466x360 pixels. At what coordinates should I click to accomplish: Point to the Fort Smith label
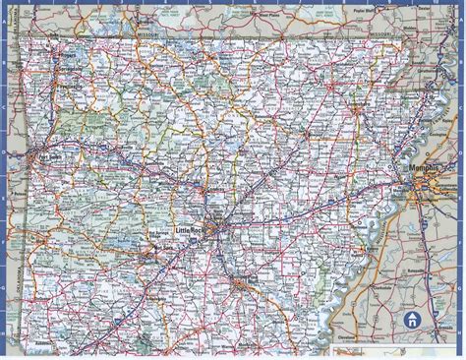[45, 154]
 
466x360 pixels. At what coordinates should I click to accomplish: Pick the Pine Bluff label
[248, 284]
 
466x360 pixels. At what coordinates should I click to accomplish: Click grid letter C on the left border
[4, 109]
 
